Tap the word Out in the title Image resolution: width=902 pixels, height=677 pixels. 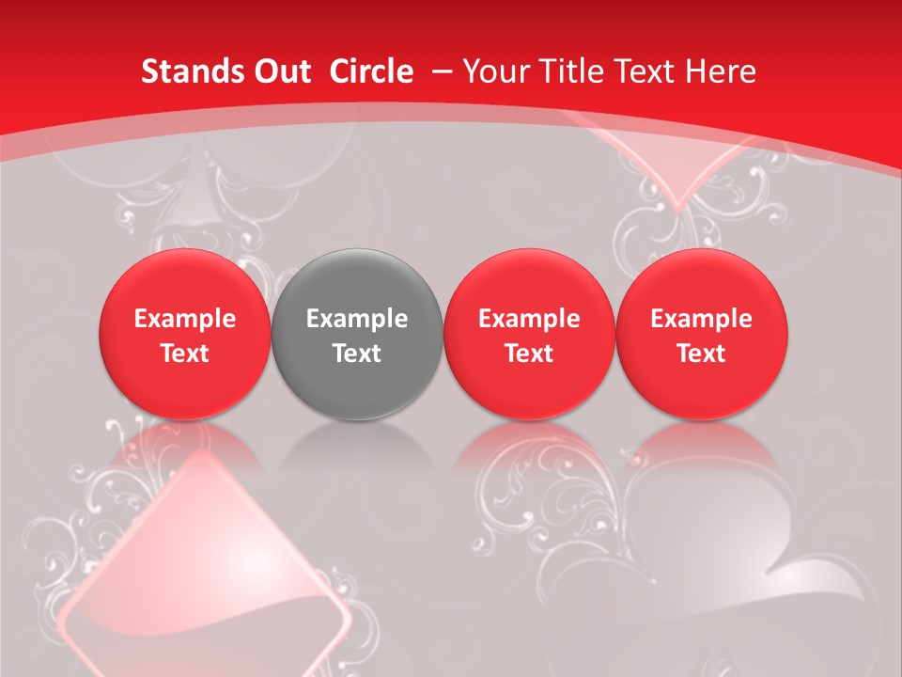click(282, 71)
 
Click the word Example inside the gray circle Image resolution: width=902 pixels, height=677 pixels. click(357, 319)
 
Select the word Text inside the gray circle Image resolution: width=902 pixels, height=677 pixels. click(357, 354)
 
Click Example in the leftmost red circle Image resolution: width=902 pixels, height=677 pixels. click(185, 319)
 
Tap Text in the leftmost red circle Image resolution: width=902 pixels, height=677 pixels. click(185, 354)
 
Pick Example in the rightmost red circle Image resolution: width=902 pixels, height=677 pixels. click(701, 319)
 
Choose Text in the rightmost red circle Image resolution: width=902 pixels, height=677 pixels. click(701, 354)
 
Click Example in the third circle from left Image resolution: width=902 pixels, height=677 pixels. click(529, 319)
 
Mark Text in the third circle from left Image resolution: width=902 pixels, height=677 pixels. click(529, 354)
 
